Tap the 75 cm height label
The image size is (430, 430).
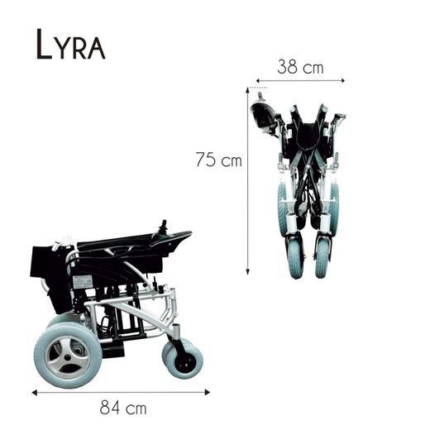coord(218,160)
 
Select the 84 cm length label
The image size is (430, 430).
coord(122,407)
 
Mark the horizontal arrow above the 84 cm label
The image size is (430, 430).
coord(122,391)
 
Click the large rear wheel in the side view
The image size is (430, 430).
coord(68,354)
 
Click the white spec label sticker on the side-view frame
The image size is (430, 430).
coord(82,281)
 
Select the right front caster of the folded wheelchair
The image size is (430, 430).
coord(322,256)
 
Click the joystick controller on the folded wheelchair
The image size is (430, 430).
coord(265,114)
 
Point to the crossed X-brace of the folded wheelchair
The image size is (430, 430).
coord(306,178)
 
